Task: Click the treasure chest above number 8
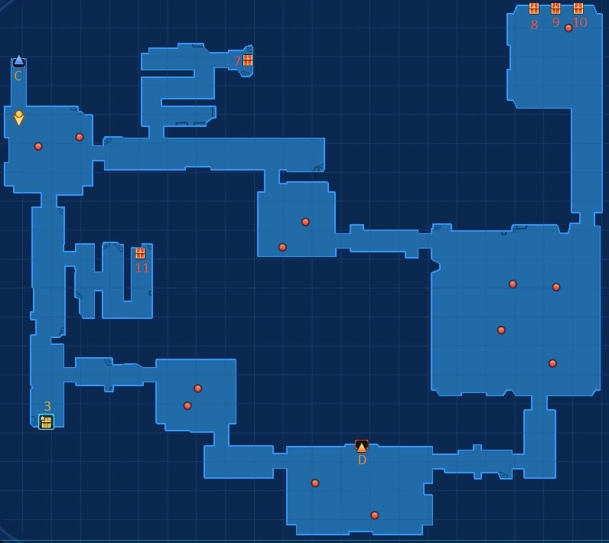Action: (x=534, y=8)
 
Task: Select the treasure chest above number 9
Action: (x=556, y=8)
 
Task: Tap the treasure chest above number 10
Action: (x=578, y=8)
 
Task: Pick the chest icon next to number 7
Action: (x=248, y=60)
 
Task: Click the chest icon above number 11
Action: (x=141, y=253)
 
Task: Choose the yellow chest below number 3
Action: (x=47, y=421)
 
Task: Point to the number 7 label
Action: (x=237, y=61)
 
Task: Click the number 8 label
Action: (x=534, y=24)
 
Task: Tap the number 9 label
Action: (x=556, y=23)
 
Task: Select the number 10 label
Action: (x=580, y=23)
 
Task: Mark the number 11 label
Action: (x=142, y=268)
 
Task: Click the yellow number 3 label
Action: (x=47, y=407)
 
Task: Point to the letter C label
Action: (x=18, y=76)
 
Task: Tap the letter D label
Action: (x=362, y=460)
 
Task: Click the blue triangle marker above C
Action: (x=19, y=61)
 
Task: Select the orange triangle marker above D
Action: (x=362, y=446)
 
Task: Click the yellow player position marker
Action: (x=19, y=118)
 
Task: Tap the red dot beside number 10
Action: (x=568, y=28)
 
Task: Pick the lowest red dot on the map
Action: (x=375, y=515)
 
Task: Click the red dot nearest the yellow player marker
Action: (x=38, y=146)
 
